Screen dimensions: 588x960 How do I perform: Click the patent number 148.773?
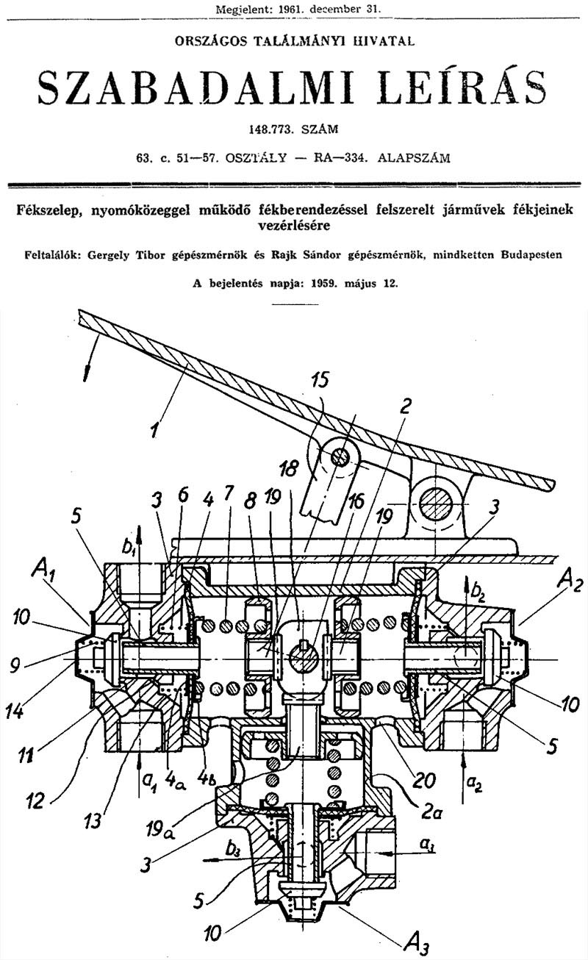[271, 129]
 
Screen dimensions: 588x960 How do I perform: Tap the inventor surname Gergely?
[108, 255]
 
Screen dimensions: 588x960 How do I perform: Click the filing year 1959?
[323, 283]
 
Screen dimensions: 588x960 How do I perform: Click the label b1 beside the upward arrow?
[127, 548]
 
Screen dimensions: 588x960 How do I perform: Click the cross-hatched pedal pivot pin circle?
[435, 504]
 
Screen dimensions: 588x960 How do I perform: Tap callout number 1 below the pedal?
[154, 429]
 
